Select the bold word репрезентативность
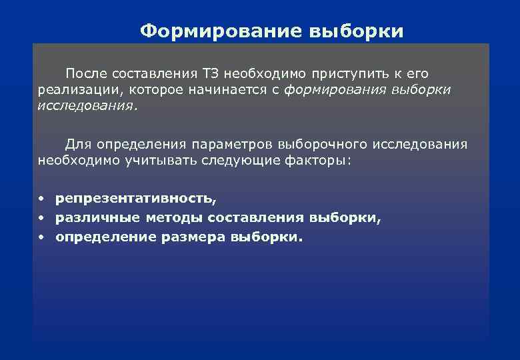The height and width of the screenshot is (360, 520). pyautogui.click(x=136, y=199)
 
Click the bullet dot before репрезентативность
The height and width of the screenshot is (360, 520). pyautogui.click(x=41, y=199)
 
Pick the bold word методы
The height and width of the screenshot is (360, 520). pyautogui.click(x=173, y=217)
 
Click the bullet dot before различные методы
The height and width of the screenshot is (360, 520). pyautogui.click(x=41, y=217)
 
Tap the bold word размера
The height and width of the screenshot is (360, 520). pyautogui.click(x=192, y=237)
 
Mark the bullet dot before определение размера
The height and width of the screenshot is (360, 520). pyautogui.click(x=41, y=237)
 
